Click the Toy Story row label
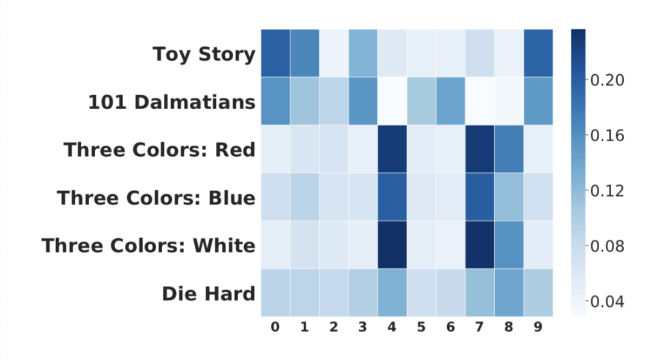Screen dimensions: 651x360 (204, 55)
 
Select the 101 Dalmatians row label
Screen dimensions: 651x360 (172, 102)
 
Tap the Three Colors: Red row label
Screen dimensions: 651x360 (159, 150)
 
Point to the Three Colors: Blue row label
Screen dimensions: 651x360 (156, 198)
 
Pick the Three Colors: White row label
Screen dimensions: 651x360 (149, 246)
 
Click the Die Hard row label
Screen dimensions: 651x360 (209, 294)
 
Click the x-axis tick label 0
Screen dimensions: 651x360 (275, 327)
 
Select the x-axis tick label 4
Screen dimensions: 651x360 (392, 327)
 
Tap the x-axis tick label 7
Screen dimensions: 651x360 (480, 327)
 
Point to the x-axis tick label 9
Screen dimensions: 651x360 (538, 327)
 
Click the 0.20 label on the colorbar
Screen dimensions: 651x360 (607, 80)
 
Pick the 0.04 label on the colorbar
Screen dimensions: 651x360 (607, 302)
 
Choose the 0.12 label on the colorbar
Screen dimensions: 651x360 (607, 191)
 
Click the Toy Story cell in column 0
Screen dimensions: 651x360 (275, 53)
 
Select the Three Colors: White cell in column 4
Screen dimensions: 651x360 (392, 245)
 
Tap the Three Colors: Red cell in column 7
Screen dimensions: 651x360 (480, 149)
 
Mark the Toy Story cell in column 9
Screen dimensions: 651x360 (538, 53)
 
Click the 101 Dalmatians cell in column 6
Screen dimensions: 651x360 (451, 101)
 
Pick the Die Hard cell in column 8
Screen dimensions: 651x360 (509, 292)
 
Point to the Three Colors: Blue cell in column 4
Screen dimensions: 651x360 (392, 197)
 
